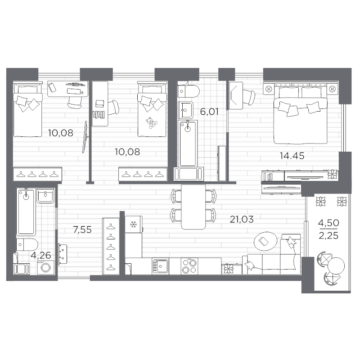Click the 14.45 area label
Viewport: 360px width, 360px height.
point(292,156)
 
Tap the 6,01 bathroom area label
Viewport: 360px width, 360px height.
point(209,112)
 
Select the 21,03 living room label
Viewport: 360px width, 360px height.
point(242,219)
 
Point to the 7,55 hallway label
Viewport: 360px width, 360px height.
point(82,229)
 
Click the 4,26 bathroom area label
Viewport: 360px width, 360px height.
point(41,255)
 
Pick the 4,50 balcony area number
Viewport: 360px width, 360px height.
point(328,223)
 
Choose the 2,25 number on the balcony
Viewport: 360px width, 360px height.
point(328,235)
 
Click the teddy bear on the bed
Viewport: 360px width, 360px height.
point(151,123)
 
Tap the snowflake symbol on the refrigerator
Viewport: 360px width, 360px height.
point(133,224)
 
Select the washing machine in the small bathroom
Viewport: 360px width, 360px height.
point(46,267)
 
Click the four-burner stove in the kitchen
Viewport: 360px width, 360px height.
point(189,266)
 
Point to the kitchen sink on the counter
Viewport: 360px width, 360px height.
point(160,266)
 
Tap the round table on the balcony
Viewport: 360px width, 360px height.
point(336,266)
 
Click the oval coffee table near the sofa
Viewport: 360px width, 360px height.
point(265,242)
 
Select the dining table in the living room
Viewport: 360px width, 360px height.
point(193,207)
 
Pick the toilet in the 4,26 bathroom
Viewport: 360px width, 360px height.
point(27,244)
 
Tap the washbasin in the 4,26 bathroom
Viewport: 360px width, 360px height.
point(45,196)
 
